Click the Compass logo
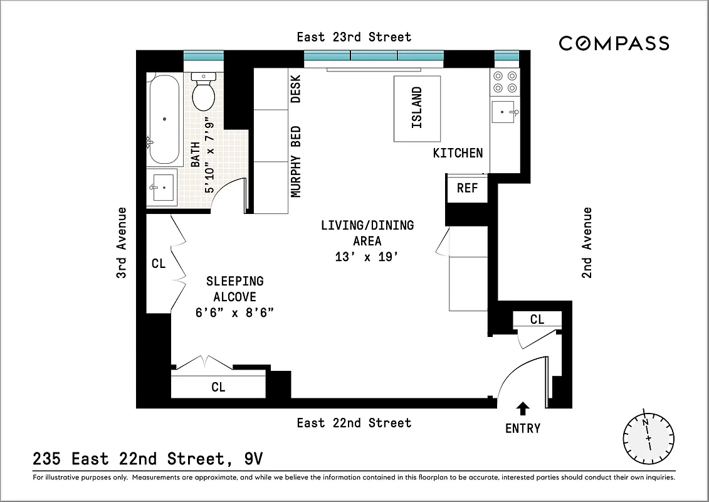pos(614,43)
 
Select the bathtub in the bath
pos(165,119)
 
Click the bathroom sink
pos(164,188)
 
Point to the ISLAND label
pos(417,108)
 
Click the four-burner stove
pos(505,82)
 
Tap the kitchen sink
pos(504,112)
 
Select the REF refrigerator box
pos(467,188)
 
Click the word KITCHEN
pos(458,152)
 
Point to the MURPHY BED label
pos(296,161)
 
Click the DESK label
pos(296,89)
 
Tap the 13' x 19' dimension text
pos(367,257)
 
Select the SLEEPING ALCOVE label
pos(234,289)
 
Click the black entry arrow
pos(522,409)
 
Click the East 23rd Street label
pos(354,37)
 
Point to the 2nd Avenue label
pos(587,242)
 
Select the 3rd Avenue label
pos(122,242)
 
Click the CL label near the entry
pos(537,319)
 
